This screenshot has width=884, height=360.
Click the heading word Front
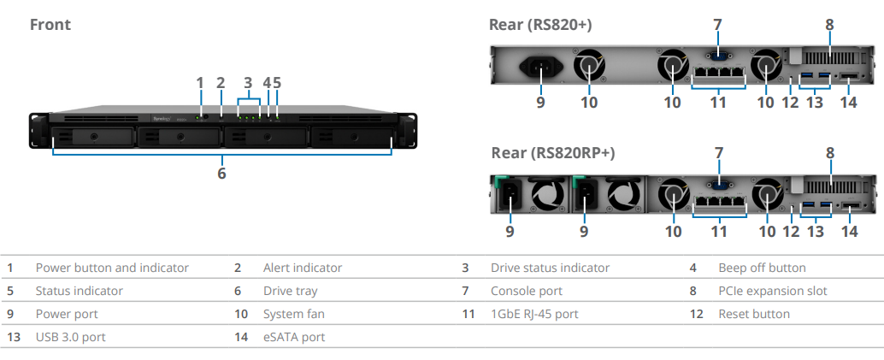point(50,25)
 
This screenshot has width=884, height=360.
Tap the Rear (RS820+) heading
point(540,25)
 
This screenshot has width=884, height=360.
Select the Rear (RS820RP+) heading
point(552,153)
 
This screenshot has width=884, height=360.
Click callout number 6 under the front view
point(221,174)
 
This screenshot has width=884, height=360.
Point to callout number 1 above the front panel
point(199,83)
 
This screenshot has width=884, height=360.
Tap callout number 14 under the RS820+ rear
point(848,102)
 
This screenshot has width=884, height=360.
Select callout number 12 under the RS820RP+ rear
point(791,231)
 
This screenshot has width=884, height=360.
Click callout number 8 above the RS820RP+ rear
point(829,153)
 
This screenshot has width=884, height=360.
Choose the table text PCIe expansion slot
point(772,291)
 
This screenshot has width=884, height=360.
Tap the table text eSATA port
point(294,337)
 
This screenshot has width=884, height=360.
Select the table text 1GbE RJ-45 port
point(533,314)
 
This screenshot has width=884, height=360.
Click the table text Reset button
point(754,314)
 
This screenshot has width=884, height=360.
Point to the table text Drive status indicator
point(550,268)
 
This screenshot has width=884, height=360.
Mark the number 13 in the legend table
point(14,337)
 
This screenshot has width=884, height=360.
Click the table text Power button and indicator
point(112,268)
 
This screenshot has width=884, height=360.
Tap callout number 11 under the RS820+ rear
point(717,102)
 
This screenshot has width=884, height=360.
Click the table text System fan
point(294,314)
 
